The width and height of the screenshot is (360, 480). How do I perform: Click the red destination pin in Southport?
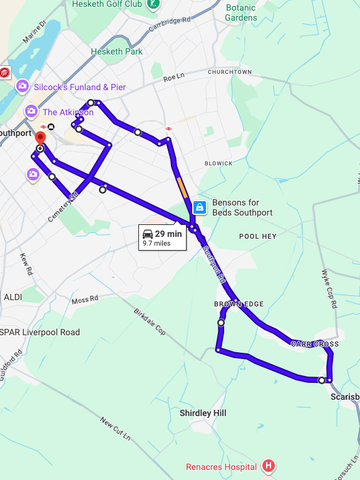coord(41,138)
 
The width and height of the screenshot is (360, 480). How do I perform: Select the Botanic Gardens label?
coord(241,13)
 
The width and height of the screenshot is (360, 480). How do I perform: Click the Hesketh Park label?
coord(116,51)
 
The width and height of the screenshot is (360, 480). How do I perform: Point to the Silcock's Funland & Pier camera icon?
coord(23,86)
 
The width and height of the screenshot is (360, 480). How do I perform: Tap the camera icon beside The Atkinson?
coord(31,112)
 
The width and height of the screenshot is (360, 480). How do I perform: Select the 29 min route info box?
coord(162,237)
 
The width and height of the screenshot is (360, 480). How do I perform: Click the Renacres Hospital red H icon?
coord(269,466)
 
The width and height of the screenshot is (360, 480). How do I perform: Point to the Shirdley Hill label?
coord(203,413)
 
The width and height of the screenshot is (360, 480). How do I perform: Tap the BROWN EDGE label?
coord(239,304)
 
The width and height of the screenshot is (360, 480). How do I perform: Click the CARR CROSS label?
coord(314,344)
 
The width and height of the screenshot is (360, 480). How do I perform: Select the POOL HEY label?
coord(258,236)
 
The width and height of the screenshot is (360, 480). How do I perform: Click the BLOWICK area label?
coord(219,164)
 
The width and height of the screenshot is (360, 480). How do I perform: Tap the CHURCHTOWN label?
coord(230,72)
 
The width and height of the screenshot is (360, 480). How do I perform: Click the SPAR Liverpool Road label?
coord(40,332)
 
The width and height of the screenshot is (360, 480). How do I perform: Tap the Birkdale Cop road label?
coord(150,320)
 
